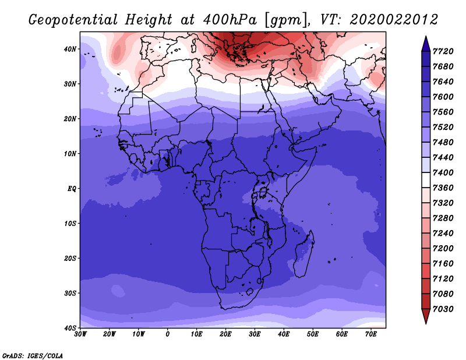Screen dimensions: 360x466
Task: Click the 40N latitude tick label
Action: click(x=70, y=49)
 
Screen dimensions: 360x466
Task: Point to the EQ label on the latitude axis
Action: click(x=71, y=189)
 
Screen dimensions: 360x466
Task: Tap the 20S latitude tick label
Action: click(x=70, y=259)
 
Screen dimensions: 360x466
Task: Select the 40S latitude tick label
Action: click(x=70, y=328)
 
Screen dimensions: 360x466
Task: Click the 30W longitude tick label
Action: click(x=80, y=334)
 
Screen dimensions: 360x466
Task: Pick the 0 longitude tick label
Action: click(x=168, y=334)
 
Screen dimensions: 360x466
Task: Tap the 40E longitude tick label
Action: click(x=284, y=334)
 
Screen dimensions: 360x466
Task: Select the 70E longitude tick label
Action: click(x=371, y=334)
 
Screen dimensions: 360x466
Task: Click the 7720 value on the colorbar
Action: click(x=445, y=51)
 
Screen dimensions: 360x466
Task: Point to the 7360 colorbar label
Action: click(x=445, y=188)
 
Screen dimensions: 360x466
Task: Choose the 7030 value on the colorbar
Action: click(x=445, y=309)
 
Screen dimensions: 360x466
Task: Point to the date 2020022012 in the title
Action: click(x=393, y=19)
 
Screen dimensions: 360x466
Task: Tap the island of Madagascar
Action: click(x=304, y=253)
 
